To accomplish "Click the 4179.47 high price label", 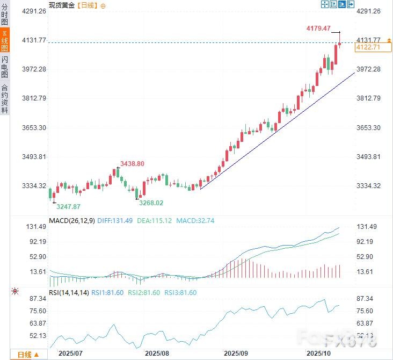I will [318, 28].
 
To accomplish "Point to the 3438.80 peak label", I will [132, 164].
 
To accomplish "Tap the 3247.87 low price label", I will [69, 206].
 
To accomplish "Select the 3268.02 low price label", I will [151, 203].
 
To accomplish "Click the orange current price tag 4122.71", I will [368, 48].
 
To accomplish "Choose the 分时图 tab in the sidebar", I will [4, 14].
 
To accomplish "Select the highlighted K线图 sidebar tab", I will [4, 41].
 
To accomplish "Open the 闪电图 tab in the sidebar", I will [4, 68].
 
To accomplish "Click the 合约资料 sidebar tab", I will [4, 99].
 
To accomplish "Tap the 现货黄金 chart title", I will [62, 5].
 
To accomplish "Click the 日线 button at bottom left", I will [28, 355].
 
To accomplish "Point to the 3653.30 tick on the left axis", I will [34, 127].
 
